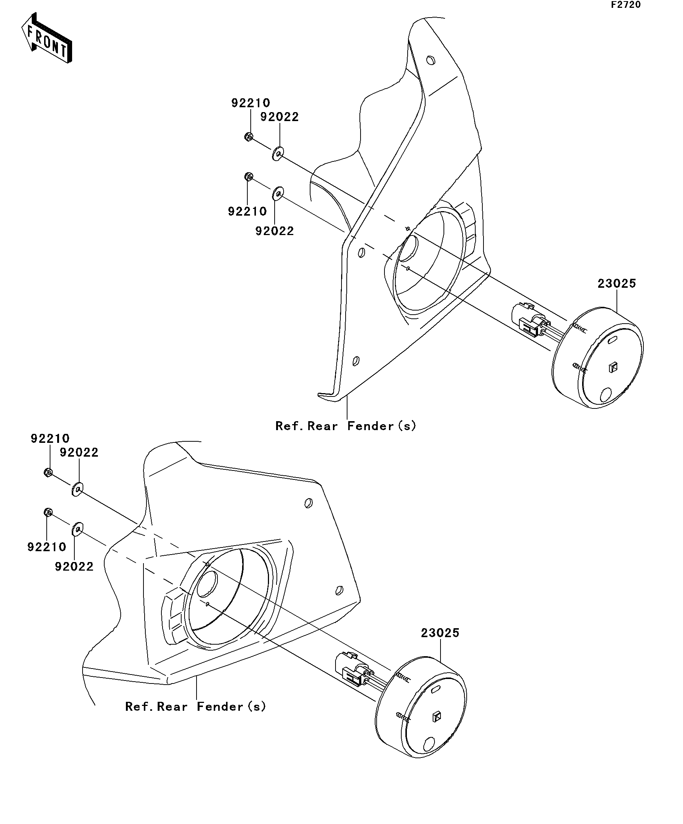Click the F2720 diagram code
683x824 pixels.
pos(626,5)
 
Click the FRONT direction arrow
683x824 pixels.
pos(46,38)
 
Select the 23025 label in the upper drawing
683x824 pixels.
pos(617,283)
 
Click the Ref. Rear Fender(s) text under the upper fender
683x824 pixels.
pos(346,426)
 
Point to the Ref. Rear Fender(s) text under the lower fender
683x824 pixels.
pos(195,706)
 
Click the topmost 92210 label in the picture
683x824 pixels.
pos(251,103)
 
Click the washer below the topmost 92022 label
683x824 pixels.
pos(278,154)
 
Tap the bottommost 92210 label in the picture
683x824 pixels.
pos(47,547)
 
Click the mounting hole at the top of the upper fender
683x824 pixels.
pos(430,60)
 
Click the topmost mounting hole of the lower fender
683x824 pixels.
pos(309,503)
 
